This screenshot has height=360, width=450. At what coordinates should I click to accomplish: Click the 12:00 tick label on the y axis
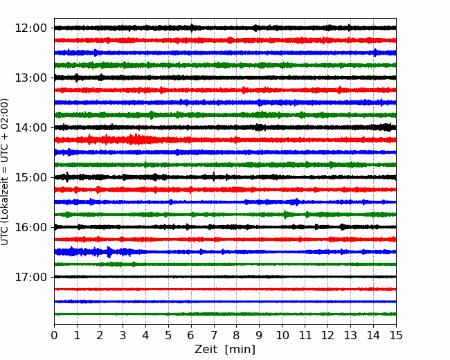click(x=30, y=28)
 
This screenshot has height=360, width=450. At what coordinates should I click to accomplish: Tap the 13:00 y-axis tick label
click(x=30, y=78)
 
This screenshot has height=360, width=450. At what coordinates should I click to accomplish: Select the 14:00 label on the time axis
click(x=30, y=127)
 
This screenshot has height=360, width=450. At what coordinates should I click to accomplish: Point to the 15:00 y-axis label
click(x=30, y=177)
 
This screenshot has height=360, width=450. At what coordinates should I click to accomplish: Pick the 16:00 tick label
click(x=30, y=227)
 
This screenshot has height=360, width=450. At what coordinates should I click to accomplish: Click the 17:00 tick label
click(x=30, y=277)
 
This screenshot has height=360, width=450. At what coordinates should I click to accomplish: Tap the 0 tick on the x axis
click(x=54, y=335)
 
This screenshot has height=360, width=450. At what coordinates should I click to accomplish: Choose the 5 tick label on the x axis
click(x=168, y=335)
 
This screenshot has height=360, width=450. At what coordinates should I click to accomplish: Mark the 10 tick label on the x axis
click(x=282, y=335)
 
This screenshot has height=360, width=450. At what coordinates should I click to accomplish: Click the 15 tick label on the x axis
click(x=396, y=335)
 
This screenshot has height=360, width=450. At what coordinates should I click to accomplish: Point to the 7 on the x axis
click(x=214, y=335)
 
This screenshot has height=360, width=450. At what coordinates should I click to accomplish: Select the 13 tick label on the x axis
click(x=350, y=335)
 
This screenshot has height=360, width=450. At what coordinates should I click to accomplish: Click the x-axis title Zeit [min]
click(x=225, y=350)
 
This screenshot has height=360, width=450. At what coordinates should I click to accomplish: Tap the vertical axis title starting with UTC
click(x=4, y=172)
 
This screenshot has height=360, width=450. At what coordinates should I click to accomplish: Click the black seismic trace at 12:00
click(x=225, y=28)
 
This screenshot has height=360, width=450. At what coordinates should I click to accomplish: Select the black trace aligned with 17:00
click(x=225, y=277)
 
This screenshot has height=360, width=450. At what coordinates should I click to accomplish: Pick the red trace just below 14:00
click(x=225, y=140)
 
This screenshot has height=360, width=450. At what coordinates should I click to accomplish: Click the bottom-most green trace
click(x=225, y=314)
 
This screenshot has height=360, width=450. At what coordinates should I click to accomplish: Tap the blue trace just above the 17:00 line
click(x=225, y=252)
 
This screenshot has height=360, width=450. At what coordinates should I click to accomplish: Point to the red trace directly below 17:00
click(x=225, y=289)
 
